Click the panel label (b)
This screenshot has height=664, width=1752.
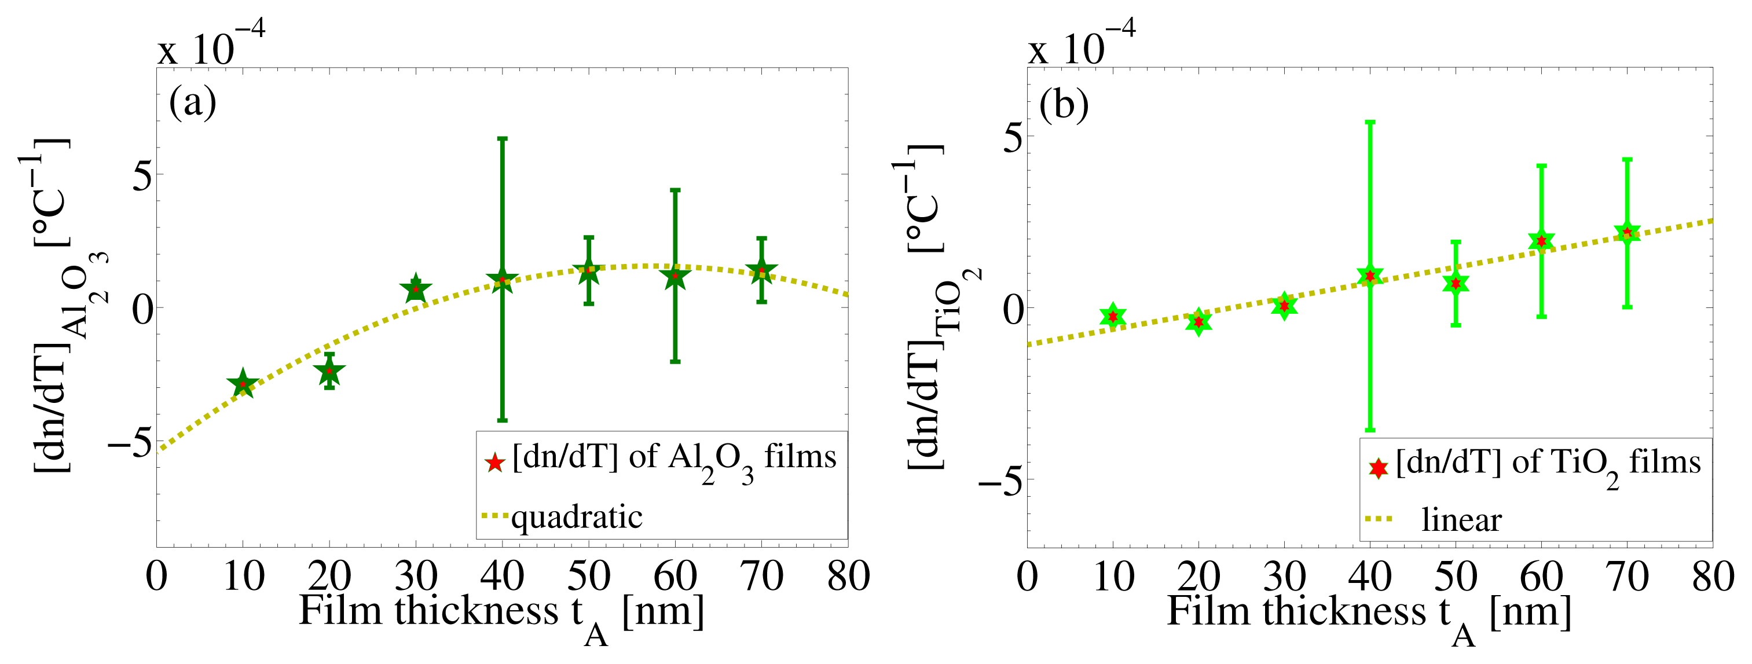(1064, 105)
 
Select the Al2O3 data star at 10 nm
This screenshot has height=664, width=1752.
(243, 384)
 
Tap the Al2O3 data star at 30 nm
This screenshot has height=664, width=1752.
(416, 289)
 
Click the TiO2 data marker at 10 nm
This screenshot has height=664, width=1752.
(1113, 316)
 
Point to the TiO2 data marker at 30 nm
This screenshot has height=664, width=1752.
(1284, 306)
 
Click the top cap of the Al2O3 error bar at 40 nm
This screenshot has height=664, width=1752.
(502, 139)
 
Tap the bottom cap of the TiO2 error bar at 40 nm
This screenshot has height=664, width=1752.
(1370, 430)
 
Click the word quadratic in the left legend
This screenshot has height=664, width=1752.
(577, 517)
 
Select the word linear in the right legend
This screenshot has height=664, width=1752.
(1461, 520)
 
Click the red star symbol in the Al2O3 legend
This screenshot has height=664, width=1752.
(494, 463)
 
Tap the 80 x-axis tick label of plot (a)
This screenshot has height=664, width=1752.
(848, 577)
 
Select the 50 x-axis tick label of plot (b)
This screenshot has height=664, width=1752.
(1456, 577)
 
